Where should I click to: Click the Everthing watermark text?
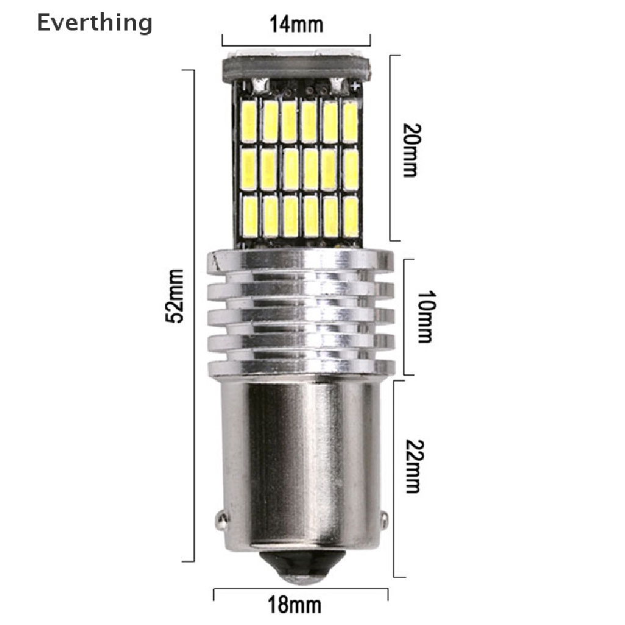tap(94, 23)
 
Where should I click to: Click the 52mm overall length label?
tap(175, 296)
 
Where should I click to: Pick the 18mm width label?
tap(294, 605)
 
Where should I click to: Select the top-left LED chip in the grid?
tap(251, 122)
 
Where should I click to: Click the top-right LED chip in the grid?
tap(349, 122)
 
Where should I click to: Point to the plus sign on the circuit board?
tap(355, 87)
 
